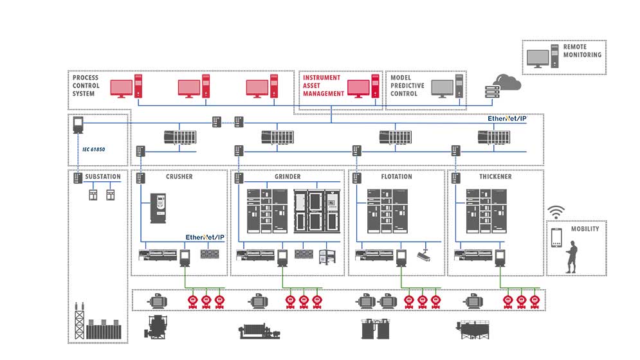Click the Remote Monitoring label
[582, 51]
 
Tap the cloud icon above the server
[507, 82]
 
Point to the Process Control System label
[86, 85]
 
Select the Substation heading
[103, 177]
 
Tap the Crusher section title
[179, 177]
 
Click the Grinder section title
[287, 177]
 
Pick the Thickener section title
[496, 177]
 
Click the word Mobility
[585, 229]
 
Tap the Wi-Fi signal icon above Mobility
[556, 212]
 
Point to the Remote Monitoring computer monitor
[538, 58]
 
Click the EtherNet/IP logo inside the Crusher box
[205, 237]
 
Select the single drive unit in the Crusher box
[158, 208]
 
